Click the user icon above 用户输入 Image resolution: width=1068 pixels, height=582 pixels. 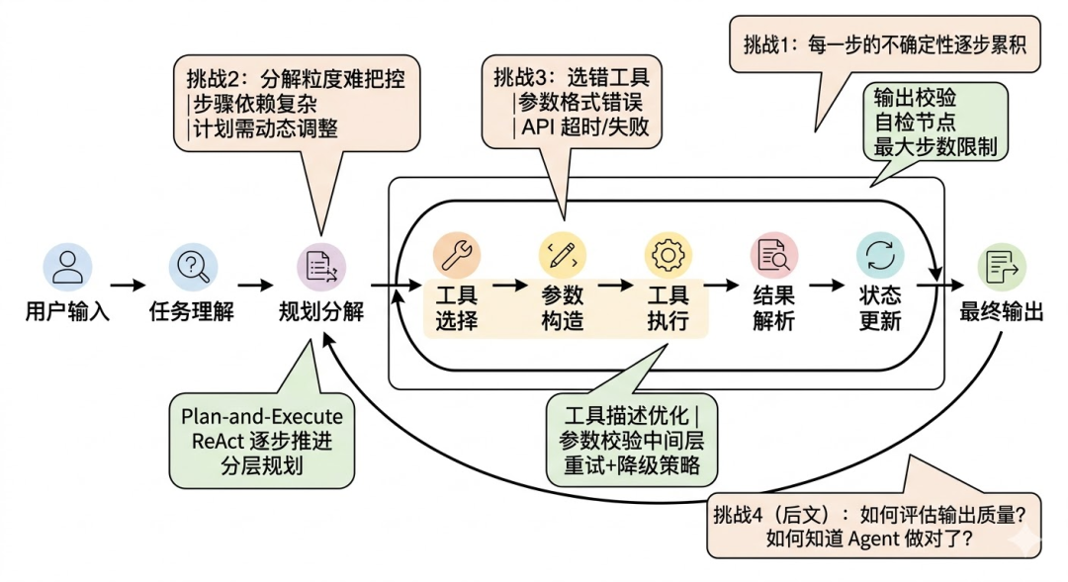tap(67, 266)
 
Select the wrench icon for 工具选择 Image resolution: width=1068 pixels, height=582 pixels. tap(456, 256)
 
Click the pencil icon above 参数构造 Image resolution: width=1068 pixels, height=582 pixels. tap(562, 256)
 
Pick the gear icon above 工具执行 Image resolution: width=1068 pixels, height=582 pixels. tap(667, 256)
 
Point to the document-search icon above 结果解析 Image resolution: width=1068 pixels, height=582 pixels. tap(773, 256)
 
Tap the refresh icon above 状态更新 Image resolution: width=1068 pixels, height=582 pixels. tap(879, 256)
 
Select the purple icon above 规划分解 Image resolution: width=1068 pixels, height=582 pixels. tap(321, 266)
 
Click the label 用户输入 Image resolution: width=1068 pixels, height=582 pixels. tap(67, 313)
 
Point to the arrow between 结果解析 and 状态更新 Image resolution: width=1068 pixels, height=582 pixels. tap(827, 286)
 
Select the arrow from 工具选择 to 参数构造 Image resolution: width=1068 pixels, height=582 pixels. tap(509, 286)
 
